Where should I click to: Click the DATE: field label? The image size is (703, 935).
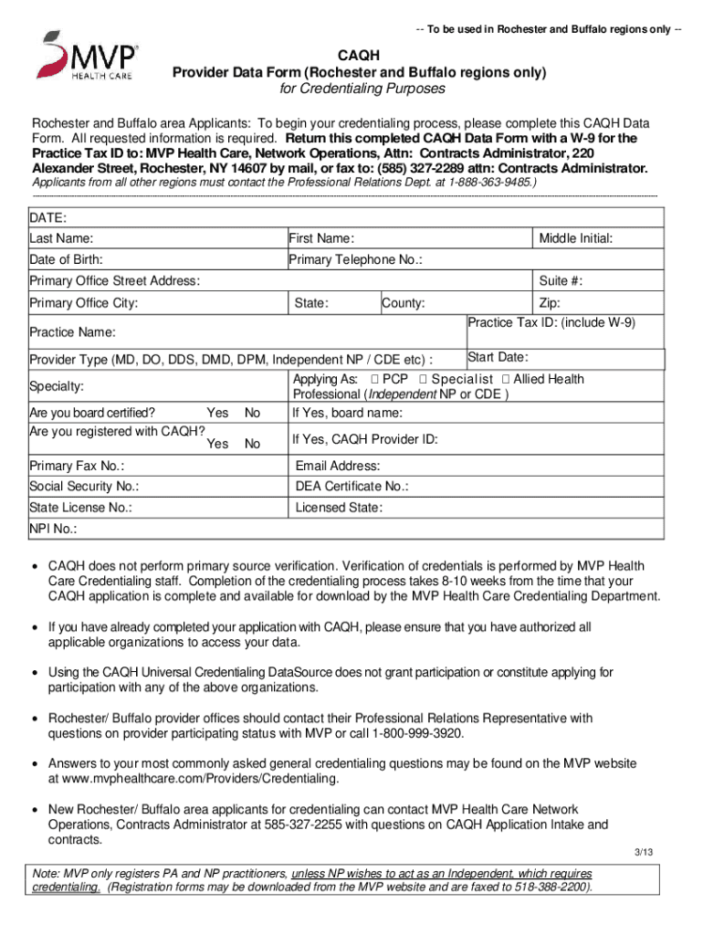47,218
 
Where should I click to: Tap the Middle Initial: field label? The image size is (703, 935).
575,238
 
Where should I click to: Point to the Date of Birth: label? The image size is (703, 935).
66,259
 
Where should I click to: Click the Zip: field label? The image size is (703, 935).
550,303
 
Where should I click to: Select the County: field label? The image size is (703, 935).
403,303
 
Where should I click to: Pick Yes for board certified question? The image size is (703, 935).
218,413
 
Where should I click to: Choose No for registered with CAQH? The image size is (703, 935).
252,444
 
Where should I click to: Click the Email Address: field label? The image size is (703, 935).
338,466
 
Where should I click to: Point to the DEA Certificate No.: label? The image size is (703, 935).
351,487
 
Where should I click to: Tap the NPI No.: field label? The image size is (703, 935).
53,529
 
